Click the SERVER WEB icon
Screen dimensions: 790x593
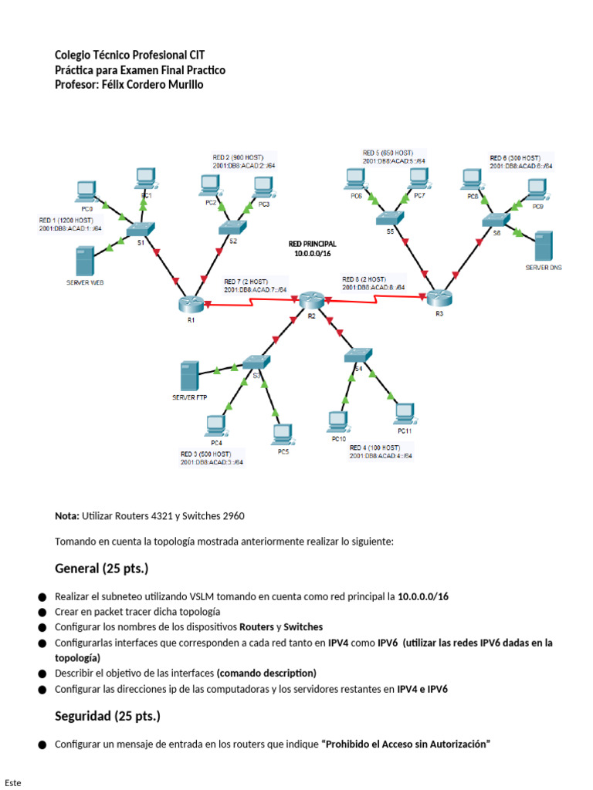(x=84, y=262)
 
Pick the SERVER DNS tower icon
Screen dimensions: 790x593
(x=544, y=245)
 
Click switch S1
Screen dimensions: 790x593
(x=141, y=229)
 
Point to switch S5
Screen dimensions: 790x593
(x=389, y=218)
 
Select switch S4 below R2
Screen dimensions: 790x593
(x=357, y=355)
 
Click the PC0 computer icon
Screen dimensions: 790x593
(x=86, y=191)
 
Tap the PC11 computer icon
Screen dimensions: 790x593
(x=405, y=414)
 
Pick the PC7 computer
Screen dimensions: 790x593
(x=418, y=179)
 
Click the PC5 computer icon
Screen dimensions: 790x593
(x=282, y=434)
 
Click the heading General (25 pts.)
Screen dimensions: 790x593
(x=101, y=569)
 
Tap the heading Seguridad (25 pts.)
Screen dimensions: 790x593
(x=107, y=716)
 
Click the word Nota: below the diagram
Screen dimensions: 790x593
(x=67, y=515)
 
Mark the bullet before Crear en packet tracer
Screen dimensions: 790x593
(x=41, y=612)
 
